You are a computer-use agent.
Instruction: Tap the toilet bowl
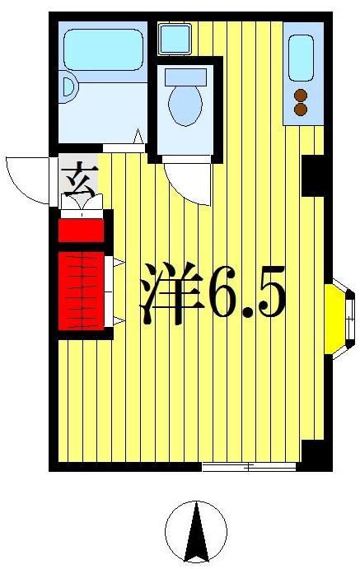(x=185, y=105)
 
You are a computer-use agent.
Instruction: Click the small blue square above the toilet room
(x=174, y=37)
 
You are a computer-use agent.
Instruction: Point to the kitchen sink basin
(x=301, y=58)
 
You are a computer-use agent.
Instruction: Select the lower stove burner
(x=301, y=109)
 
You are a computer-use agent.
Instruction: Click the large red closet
(x=82, y=289)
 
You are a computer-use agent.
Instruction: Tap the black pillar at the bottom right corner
(x=314, y=453)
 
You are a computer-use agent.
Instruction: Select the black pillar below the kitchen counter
(x=314, y=175)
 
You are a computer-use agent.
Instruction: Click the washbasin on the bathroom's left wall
(x=68, y=85)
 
